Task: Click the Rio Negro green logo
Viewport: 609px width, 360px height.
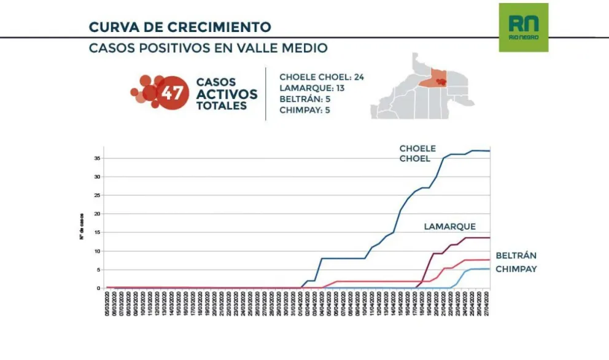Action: click(x=523, y=27)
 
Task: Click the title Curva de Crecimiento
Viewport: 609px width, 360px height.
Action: click(x=179, y=27)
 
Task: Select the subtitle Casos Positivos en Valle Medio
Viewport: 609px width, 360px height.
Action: click(x=208, y=48)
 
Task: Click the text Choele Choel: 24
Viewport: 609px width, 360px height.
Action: click(x=322, y=77)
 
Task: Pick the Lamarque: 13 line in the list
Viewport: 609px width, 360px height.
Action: click(x=312, y=88)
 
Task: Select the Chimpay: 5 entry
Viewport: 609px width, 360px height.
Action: click(x=304, y=110)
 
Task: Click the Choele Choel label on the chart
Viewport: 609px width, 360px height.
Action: click(x=417, y=154)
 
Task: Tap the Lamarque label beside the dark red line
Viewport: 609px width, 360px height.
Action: click(x=449, y=227)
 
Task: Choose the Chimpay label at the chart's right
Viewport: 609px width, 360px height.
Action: click(x=516, y=269)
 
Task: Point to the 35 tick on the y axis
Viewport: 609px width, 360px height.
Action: click(x=97, y=158)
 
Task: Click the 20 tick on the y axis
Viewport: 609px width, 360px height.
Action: click(x=97, y=214)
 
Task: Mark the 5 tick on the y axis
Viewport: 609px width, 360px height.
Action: click(x=98, y=270)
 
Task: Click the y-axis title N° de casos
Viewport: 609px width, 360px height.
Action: click(x=82, y=226)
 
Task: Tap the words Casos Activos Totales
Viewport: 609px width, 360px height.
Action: click(x=227, y=93)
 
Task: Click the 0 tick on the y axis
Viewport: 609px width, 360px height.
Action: click(x=98, y=288)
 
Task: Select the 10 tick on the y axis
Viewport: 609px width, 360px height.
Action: click(x=97, y=251)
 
